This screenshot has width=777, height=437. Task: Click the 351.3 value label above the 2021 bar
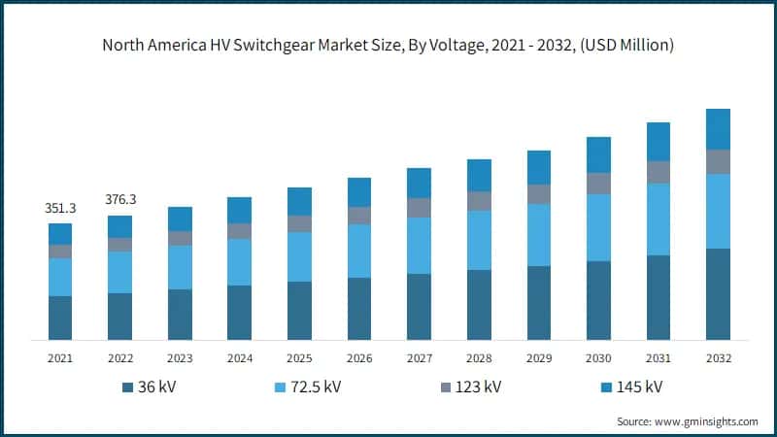(x=60, y=209)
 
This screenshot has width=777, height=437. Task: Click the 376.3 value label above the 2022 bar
(x=119, y=200)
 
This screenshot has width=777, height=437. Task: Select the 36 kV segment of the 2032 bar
(x=718, y=294)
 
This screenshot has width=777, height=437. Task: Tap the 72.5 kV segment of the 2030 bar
(x=598, y=227)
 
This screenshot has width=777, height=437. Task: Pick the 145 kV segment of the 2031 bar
(x=659, y=142)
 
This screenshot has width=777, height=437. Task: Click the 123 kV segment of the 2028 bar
(x=479, y=201)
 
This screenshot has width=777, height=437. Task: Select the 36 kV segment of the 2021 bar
(x=60, y=318)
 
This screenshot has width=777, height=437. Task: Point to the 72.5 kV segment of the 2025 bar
(x=299, y=256)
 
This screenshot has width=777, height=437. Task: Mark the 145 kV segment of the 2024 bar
(x=239, y=210)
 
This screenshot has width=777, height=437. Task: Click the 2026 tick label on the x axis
(x=359, y=358)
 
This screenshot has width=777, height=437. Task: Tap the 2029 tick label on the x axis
(x=539, y=358)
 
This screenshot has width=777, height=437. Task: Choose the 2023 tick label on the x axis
(x=180, y=358)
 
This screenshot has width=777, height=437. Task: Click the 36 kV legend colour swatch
(x=127, y=388)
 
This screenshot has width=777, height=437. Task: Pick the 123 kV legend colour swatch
(x=448, y=388)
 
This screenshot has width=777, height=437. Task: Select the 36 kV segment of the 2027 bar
(x=419, y=307)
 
